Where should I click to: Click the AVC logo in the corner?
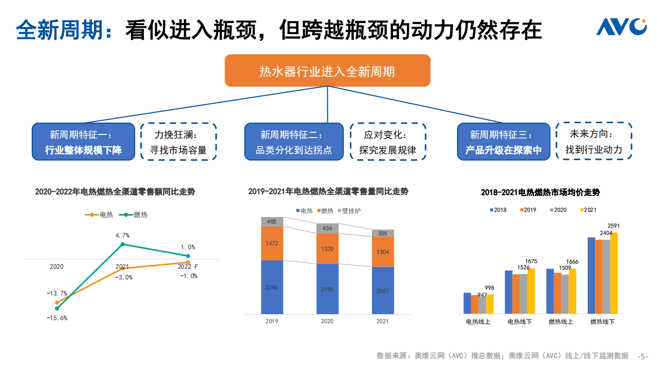click(x=621, y=27)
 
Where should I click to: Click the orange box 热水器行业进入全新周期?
click(x=327, y=71)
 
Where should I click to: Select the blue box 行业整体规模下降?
click(x=83, y=142)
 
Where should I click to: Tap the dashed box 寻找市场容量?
click(x=178, y=142)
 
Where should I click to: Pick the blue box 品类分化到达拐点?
click(x=294, y=142)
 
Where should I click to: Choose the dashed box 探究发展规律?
click(x=388, y=142)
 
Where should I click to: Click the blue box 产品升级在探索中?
click(x=503, y=142)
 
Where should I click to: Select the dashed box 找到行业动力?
click(x=594, y=142)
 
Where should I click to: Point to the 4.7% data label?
click(x=122, y=235)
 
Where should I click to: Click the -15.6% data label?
click(x=57, y=318)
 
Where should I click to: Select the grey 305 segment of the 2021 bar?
click(x=383, y=233)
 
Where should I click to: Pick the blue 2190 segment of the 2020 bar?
click(x=327, y=289)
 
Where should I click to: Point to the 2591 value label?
click(x=613, y=226)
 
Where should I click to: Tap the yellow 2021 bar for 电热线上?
click(x=490, y=304)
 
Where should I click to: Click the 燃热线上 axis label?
click(x=560, y=322)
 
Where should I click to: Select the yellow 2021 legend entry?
click(x=588, y=210)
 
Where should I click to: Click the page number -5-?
click(x=643, y=356)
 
